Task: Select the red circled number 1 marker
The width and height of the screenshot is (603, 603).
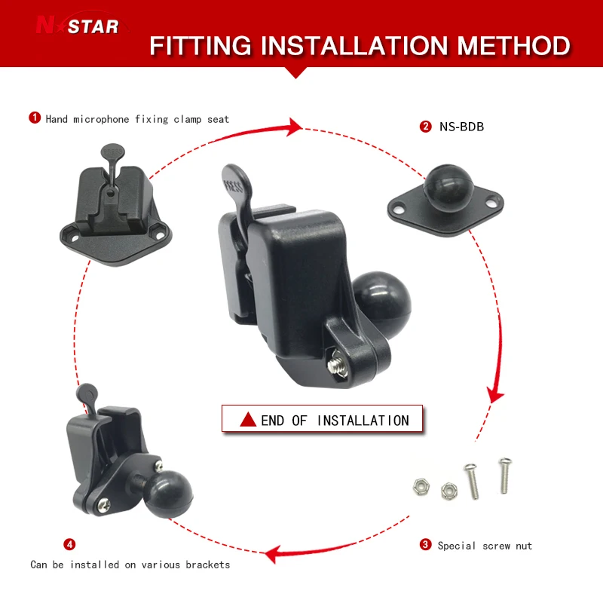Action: [35, 118]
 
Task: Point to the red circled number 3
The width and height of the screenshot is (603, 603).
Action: [426, 544]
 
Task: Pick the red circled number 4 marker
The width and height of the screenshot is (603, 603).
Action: [69, 543]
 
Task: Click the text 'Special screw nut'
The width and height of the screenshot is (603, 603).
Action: [485, 545]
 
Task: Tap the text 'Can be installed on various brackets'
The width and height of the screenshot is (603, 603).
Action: [130, 564]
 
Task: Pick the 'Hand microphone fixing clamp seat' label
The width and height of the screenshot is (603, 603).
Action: [137, 118]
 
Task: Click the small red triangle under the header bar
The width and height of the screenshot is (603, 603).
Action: [297, 72]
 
